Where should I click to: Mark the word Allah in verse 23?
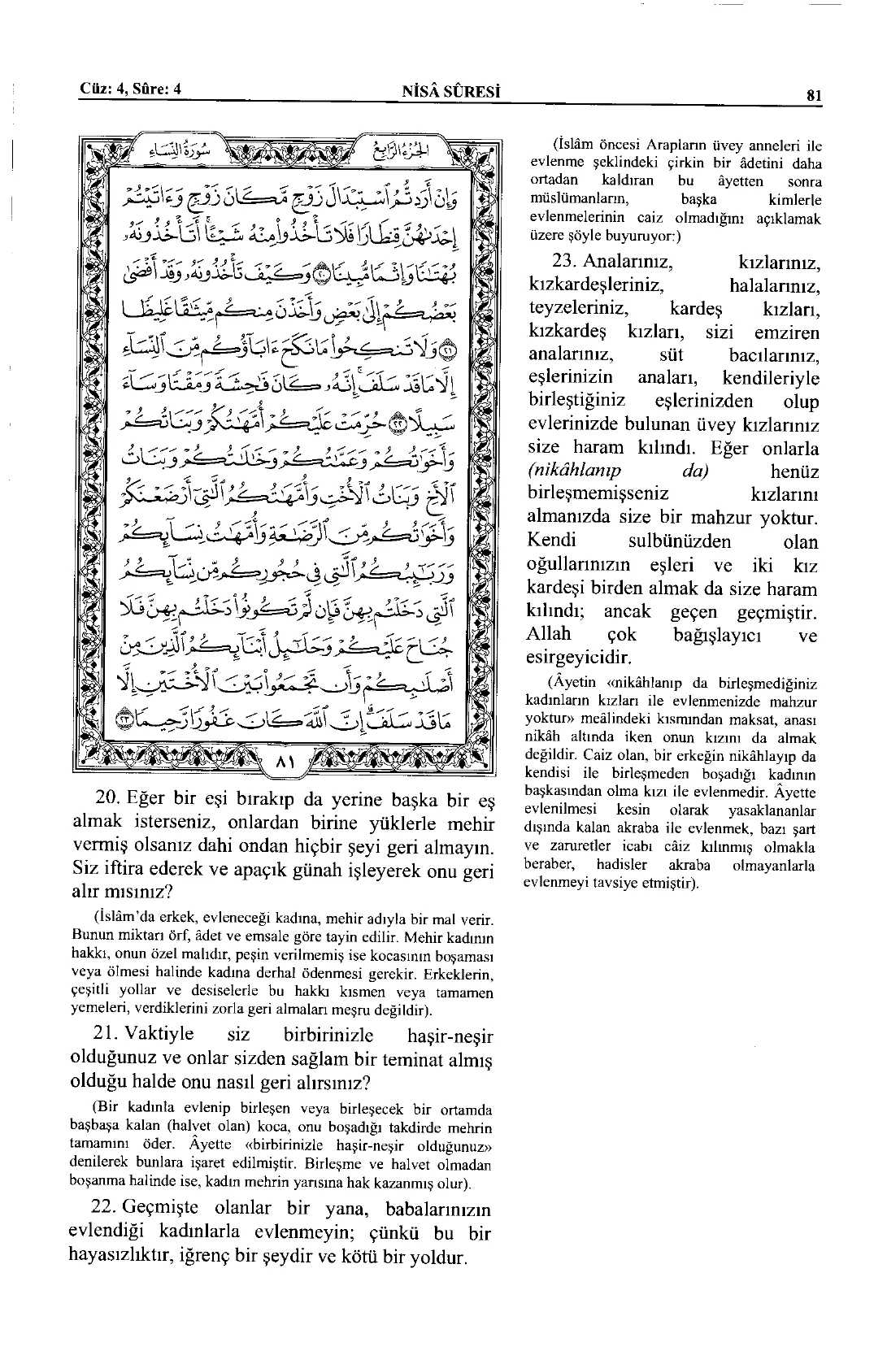[x=550, y=633]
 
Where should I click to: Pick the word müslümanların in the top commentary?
[x=573, y=200]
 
